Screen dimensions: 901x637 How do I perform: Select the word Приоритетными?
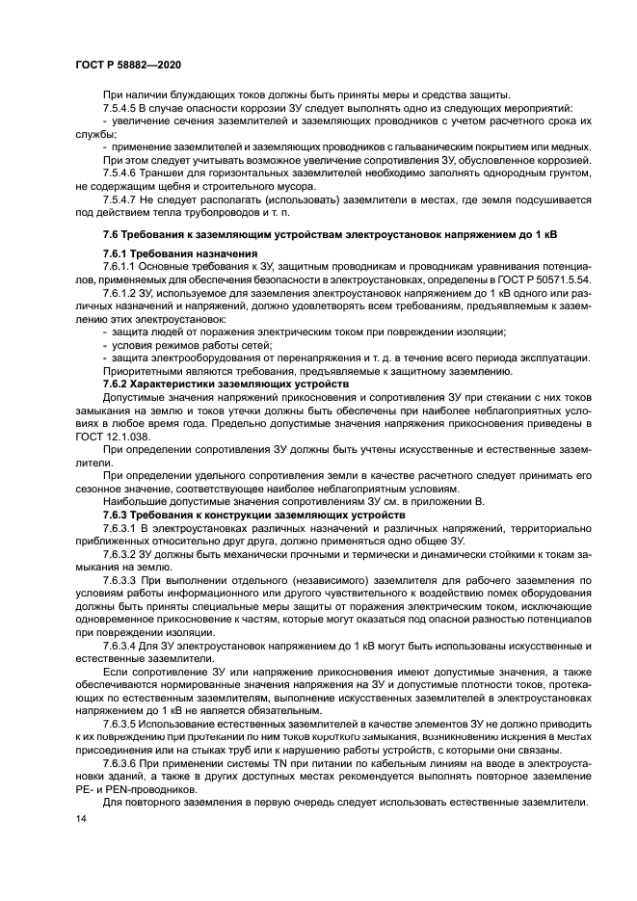click(x=146, y=370)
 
